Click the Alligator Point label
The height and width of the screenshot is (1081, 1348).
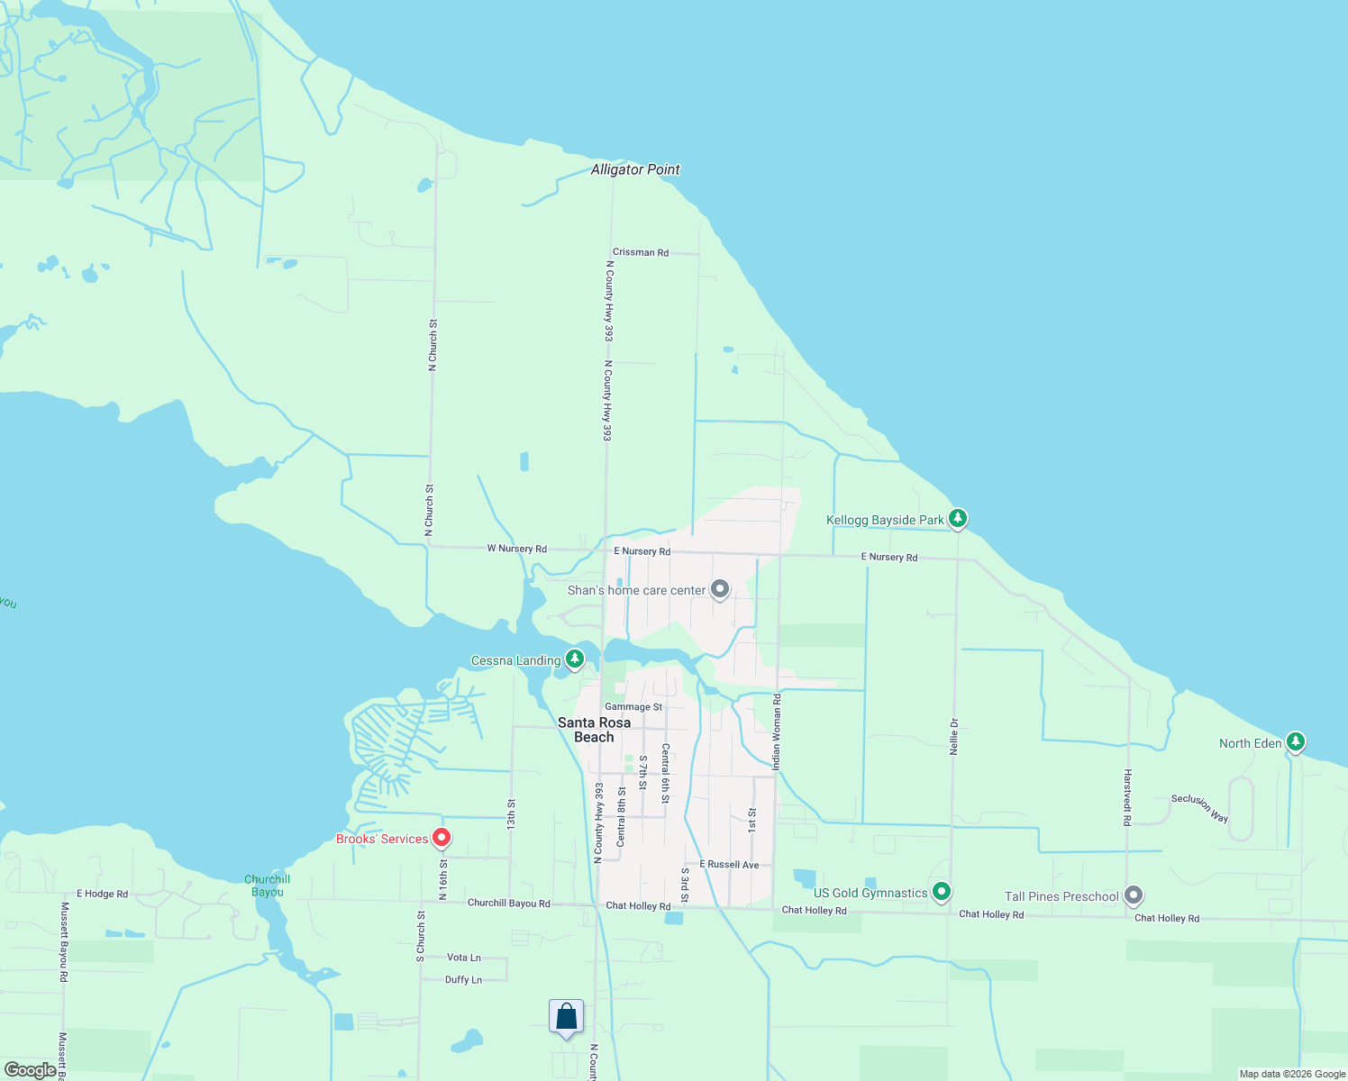coord(635,169)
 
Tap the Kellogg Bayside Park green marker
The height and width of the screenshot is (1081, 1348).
coord(958,519)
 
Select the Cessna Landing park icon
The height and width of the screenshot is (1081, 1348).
coord(574,660)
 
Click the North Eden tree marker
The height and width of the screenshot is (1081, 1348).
coord(1295,742)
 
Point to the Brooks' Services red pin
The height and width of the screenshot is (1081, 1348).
coord(442,839)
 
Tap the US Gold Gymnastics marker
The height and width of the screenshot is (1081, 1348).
coord(942,892)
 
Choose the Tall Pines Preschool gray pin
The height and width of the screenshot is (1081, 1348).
coord(1134,895)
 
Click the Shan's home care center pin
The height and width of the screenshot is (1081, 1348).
coord(719,589)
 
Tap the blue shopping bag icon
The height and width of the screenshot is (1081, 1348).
coord(566,1017)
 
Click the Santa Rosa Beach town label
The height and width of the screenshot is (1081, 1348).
coord(594,730)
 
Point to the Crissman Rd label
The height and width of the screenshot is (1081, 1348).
coord(641,252)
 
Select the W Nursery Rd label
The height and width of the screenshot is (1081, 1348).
coord(516,549)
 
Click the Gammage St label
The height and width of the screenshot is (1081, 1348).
coord(633,707)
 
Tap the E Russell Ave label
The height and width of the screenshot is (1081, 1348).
coord(729,865)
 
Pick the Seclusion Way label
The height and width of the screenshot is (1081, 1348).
coord(1199,808)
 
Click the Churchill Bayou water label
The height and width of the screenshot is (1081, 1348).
coord(268,886)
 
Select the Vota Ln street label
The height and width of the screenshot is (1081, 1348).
coord(464,958)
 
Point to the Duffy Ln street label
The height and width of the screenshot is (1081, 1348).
coord(463,980)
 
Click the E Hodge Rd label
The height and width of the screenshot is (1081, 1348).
coord(102,894)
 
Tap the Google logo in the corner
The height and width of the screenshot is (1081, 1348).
coord(30,1070)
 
